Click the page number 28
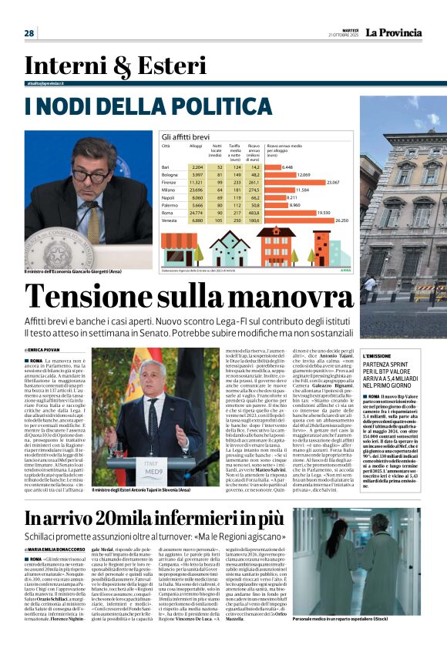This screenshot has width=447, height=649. [x=29, y=33]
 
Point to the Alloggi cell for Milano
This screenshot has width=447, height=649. [x=196, y=189]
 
